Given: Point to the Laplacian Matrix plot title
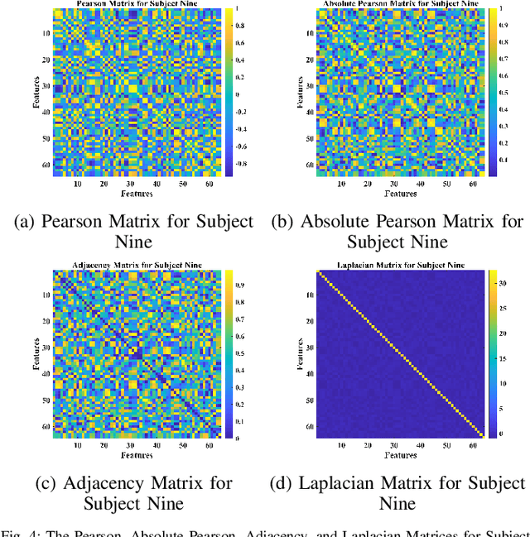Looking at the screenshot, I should (400, 265).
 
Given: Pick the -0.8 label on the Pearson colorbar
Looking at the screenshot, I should (240, 165).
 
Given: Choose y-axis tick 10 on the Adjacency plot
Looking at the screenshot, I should (45, 295).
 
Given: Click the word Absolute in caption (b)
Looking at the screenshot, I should (347, 221).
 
